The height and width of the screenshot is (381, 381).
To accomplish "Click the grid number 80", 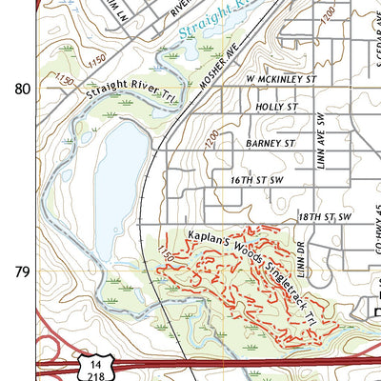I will [x=21, y=89].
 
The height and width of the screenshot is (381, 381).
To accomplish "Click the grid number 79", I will [x=21, y=271].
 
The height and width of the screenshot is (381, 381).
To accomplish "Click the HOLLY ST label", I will [x=278, y=108].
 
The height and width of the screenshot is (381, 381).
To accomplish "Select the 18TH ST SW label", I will [x=325, y=217].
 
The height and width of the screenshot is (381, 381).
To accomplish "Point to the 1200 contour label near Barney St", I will [x=212, y=141].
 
